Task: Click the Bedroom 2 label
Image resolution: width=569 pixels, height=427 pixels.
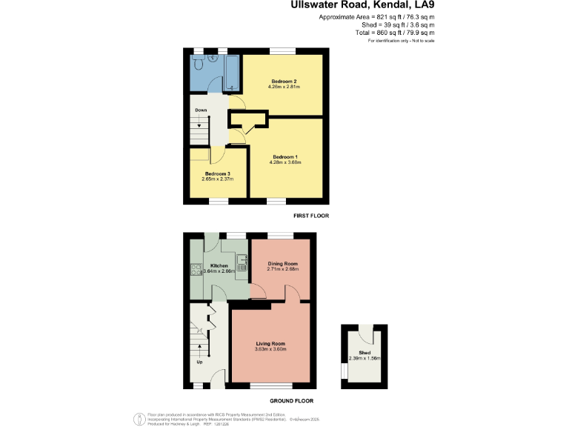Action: [284, 81]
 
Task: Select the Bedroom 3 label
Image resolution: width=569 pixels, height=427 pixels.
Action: [218, 173]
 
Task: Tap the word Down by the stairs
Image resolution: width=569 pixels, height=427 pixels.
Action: [201, 110]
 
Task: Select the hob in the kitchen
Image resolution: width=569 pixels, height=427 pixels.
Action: [196, 270]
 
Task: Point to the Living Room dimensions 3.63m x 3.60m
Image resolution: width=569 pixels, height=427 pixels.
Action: [271, 349]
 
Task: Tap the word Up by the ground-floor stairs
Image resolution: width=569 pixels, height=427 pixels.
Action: [199, 362]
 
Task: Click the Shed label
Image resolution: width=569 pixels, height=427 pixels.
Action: [365, 352]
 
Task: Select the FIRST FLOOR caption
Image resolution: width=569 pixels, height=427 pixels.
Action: [312, 216]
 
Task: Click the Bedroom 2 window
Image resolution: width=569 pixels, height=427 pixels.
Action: [282, 51]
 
